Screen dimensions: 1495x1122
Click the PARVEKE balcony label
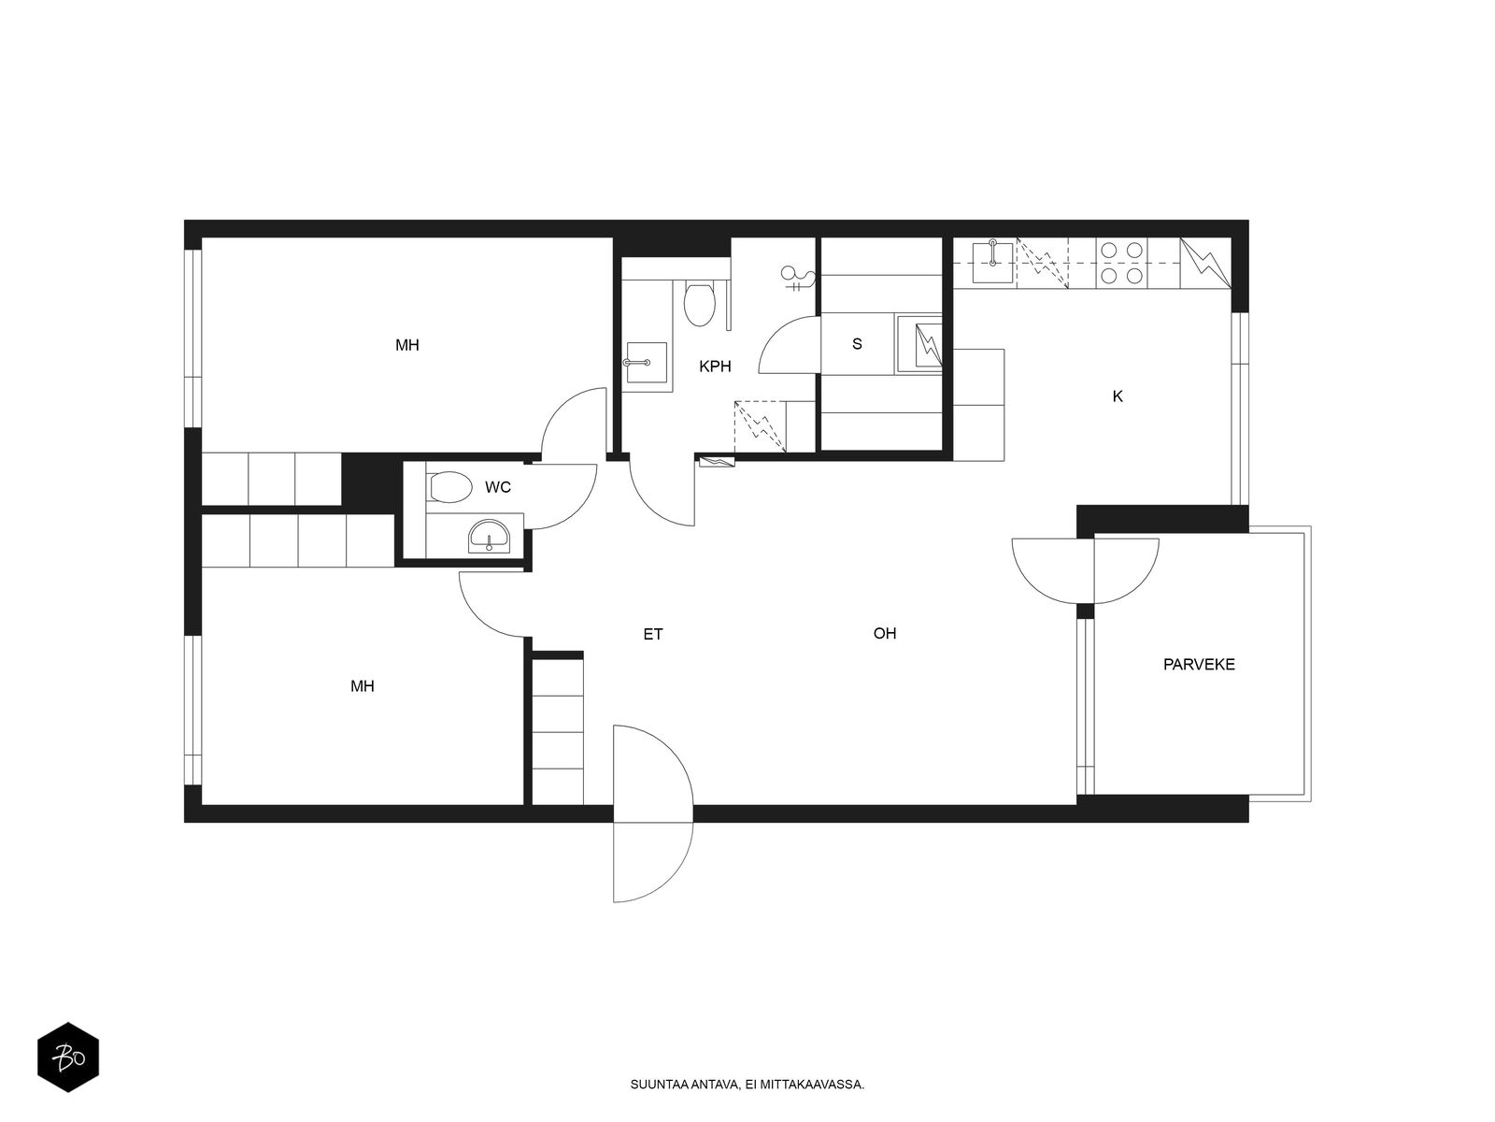click(x=1198, y=664)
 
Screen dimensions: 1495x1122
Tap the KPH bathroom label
click(x=715, y=367)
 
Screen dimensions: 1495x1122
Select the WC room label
click(x=498, y=487)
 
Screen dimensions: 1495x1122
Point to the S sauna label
click(x=857, y=344)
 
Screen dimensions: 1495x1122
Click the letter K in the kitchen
click(x=1117, y=396)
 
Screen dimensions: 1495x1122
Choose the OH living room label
click(x=884, y=634)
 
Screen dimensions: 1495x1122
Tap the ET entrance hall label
click(x=652, y=634)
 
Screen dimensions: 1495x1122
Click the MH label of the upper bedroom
click(x=406, y=345)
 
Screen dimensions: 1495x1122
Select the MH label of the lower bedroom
click(x=362, y=686)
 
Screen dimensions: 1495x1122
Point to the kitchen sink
click(x=992, y=262)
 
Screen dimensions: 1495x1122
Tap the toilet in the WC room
click(x=450, y=487)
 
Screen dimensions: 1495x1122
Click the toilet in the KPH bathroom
click(x=698, y=304)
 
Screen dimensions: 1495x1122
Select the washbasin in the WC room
click(x=488, y=536)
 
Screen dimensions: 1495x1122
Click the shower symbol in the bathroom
click(x=798, y=278)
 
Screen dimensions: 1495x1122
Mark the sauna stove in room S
click(x=918, y=345)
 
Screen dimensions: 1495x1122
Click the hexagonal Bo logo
click(x=68, y=1057)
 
